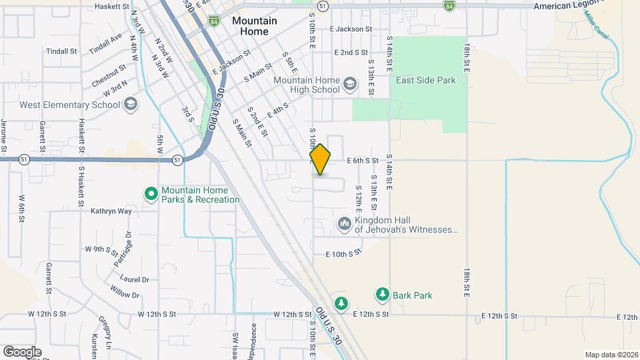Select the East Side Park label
[425, 80]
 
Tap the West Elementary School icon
[131, 105]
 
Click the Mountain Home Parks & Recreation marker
[151, 194]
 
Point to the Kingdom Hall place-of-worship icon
[345, 223]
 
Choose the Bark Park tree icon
[382, 294]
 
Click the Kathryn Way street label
[111, 211]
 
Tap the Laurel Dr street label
[134, 280]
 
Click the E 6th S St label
[362, 161]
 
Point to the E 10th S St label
[343, 253]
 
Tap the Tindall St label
[63, 51]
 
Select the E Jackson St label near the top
[351, 29]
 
